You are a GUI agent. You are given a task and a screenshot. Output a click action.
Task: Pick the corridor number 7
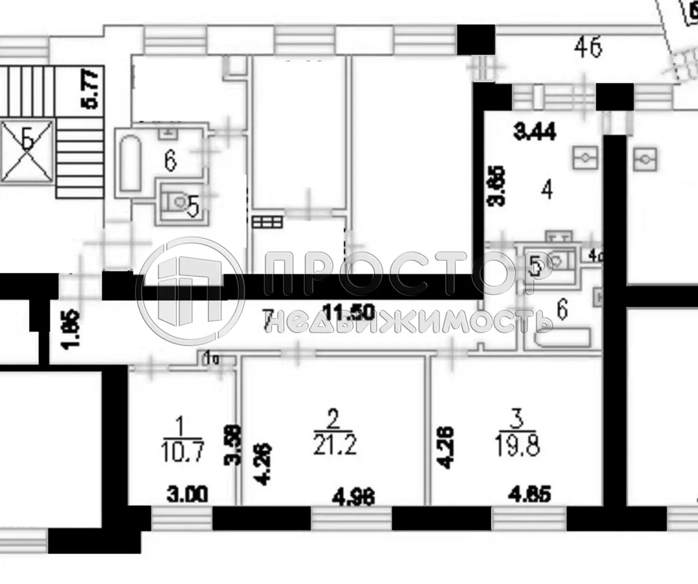click(x=268, y=320)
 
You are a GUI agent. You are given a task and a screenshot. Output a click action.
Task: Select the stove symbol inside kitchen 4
click(x=585, y=156)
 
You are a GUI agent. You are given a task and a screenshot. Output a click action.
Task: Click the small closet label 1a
click(x=211, y=359)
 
